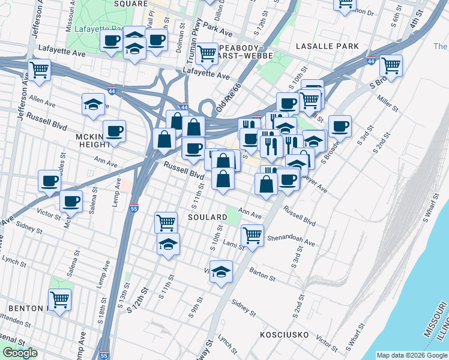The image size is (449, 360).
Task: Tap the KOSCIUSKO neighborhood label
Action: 285,333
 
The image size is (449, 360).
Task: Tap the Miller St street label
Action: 388,103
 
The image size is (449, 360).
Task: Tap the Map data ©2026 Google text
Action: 411,355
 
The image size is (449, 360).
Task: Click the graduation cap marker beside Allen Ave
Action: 93,104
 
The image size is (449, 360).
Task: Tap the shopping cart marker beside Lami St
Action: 252,235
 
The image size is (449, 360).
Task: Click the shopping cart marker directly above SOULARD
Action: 166,223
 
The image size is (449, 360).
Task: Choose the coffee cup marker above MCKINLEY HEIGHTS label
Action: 113,130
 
